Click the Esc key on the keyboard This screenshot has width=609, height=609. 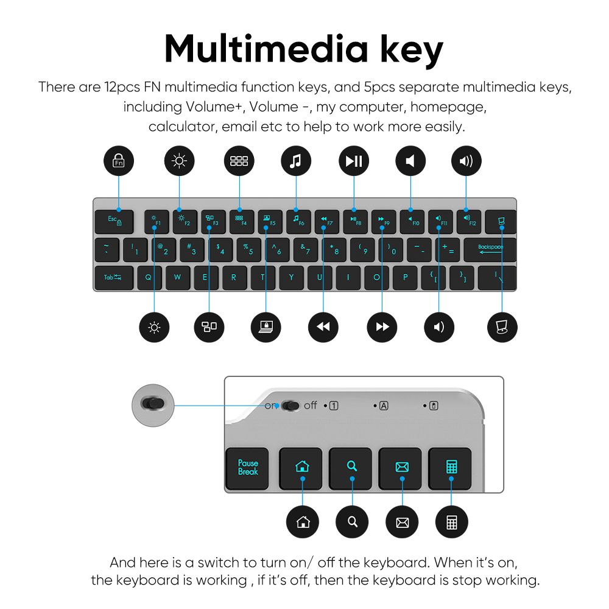(x=114, y=221)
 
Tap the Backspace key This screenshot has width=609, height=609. (x=490, y=249)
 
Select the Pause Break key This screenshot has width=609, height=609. (x=248, y=468)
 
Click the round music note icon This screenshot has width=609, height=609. (x=295, y=161)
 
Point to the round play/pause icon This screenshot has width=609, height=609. (x=353, y=161)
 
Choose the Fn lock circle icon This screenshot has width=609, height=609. (x=118, y=161)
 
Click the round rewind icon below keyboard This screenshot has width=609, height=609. (x=323, y=327)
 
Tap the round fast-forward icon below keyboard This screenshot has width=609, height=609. (x=382, y=327)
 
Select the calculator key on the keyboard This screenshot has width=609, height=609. (x=451, y=468)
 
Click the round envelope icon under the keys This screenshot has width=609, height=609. (x=402, y=522)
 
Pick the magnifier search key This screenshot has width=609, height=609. (x=351, y=468)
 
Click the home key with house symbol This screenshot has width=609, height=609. (x=302, y=468)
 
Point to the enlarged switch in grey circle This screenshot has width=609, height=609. (x=153, y=404)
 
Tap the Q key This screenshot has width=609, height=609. (x=149, y=277)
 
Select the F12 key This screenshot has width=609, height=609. (x=469, y=221)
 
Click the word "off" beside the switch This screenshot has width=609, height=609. (x=311, y=405)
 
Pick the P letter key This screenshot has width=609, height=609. (x=405, y=277)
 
